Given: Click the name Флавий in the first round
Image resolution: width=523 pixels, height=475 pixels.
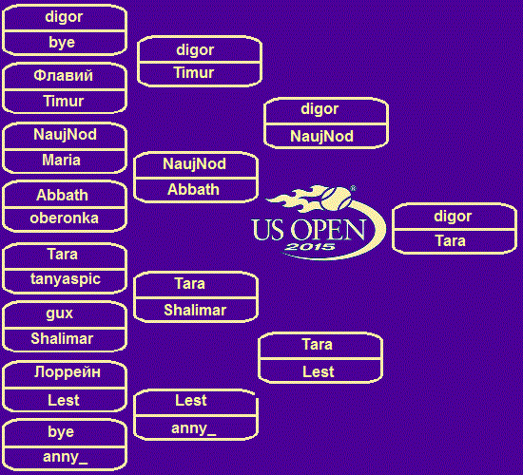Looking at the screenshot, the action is (x=63, y=75).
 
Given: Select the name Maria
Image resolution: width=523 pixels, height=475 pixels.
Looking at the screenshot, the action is (x=61, y=160).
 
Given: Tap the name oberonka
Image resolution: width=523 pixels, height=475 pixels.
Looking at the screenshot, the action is (x=64, y=218).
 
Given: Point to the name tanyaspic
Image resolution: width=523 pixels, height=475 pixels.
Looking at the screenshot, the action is (x=66, y=279).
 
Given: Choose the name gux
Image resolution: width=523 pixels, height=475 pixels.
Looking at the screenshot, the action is (x=59, y=313).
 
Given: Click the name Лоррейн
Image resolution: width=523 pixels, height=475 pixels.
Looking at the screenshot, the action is (x=68, y=372).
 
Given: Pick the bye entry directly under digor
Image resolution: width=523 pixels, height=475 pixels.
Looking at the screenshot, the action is (x=62, y=43).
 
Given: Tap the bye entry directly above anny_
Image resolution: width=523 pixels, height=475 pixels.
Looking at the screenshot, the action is (x=61, y=432).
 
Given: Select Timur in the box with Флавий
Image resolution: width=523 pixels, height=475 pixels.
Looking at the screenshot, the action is (x=64, y=101).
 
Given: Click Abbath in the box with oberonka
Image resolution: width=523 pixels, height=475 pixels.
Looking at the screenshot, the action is (x=62, y=195).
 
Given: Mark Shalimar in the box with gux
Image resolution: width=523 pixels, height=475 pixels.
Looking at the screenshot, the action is (x=62, y=338).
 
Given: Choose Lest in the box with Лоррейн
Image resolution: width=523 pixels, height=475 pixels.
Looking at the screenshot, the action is (x=64, y=400).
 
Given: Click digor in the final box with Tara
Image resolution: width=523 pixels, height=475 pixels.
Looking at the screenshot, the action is (x=453, y=217).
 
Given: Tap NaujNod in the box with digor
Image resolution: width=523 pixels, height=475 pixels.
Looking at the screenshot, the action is (x=321, y=136).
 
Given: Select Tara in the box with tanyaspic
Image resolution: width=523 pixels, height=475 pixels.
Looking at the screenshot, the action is (x=63, y=254).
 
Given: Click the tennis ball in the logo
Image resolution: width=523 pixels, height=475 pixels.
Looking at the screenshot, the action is (x=337, y=199).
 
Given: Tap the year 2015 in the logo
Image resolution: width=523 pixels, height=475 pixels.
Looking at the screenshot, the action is (x=310, y=247).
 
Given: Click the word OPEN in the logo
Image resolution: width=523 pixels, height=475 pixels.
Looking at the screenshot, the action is (x=328, y=230).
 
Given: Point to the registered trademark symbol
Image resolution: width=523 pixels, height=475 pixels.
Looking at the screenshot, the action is (x=353, y=189).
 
